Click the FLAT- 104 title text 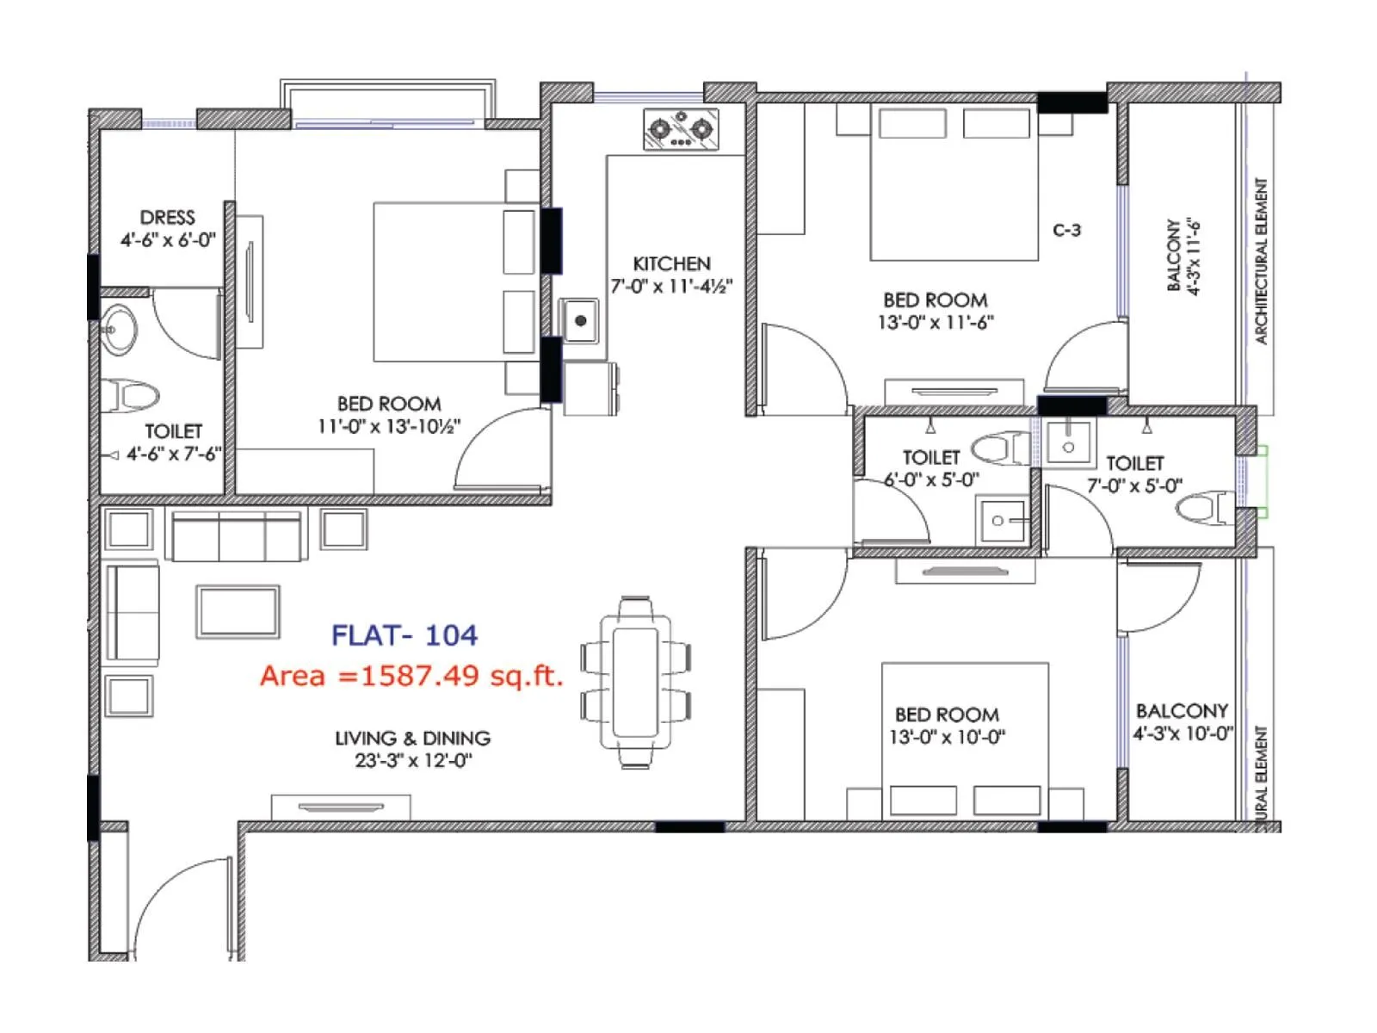[x=404, y=635]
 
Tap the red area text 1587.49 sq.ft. [x=411, y=676]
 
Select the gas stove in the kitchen [x=681, y=129]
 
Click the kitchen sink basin [x=580, y=320]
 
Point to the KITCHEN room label [x=671, y=263]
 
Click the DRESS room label [x=168, y=217]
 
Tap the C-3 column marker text [x=1066, y=230]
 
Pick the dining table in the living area [x=636, y=681]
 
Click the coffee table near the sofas [x=238, y=611]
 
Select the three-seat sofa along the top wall [x=237, y=536]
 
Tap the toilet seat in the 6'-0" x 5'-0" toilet [x=998, y=448]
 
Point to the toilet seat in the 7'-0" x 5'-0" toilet [x=1205, y=508]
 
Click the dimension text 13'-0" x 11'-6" [x=935, y=323]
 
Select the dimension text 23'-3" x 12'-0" [x=413, y=760]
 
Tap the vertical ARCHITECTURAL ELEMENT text [x=1261, y=261]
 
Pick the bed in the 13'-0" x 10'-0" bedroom [x=965, y=740]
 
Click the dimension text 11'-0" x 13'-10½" [x=389, y=426]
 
